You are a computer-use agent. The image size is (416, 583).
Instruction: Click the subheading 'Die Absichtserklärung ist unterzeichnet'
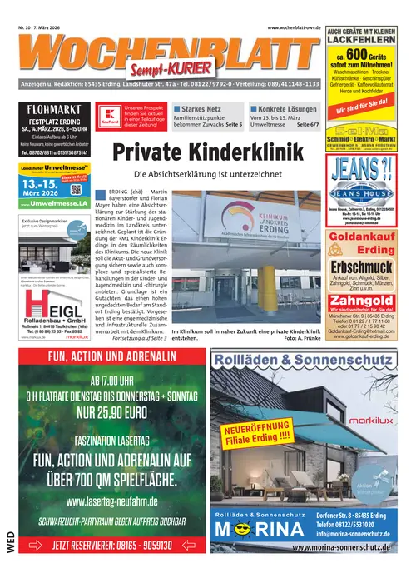[207, 174]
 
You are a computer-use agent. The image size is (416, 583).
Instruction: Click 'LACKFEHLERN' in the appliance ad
[359, 49]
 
